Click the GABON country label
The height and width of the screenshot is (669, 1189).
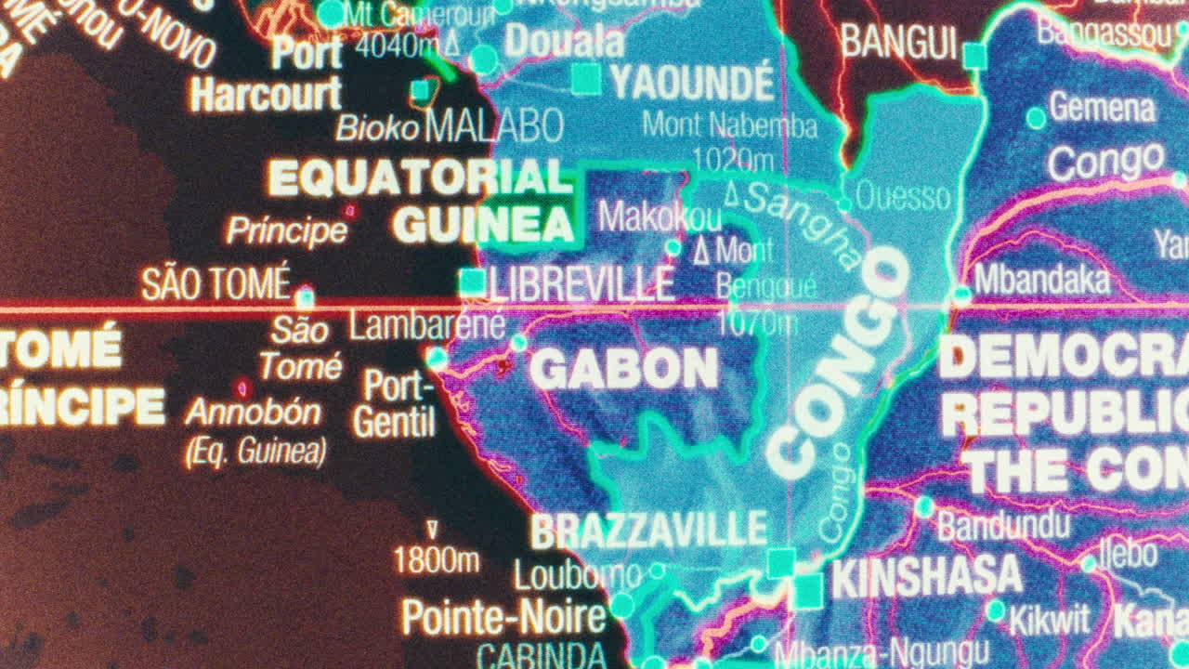(x=624, y=370)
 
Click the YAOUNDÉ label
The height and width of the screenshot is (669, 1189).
(x=692, y=83)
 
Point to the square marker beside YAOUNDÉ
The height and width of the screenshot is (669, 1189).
(x=585, y=79)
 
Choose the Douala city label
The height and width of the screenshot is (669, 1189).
(x=564, y=42)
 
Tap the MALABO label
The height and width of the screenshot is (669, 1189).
(x=494, y=125)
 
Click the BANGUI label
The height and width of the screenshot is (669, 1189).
(x=898, y=42)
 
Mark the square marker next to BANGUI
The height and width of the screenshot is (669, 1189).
(x=974, y=56)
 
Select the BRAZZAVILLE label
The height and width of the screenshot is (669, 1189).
(x=648, y=531)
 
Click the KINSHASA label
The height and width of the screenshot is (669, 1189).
(x=926, y=577)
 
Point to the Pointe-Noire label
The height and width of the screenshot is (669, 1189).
(x=503, y=616)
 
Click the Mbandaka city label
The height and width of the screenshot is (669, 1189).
(x=1041, y=280)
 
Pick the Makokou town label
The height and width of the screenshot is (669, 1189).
(x=660, y=216)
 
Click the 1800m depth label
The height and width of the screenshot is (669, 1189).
(x=437, y=560)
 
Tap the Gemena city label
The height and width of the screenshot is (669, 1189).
(x=1103, y=109)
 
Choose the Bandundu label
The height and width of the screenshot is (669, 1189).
(x=1003, y=526)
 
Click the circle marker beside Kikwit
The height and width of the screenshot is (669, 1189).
(x=996, y=610)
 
